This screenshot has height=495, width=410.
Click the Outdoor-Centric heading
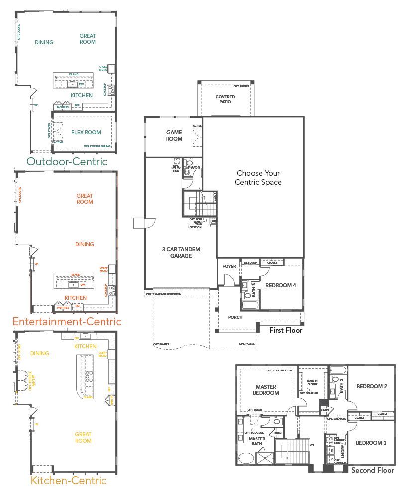pyautogui.click(x=67, y=162)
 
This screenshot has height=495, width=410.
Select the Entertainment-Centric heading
pyautogui.click(x=67, y=322)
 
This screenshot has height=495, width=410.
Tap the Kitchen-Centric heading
pyautogui.click(x=69, y=481)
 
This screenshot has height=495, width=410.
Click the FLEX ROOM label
pyautogui.click(x=85, y=132)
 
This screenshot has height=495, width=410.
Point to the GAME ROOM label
pyautogui.click(x=174, y=136)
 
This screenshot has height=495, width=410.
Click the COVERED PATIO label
pyautogui.click(x=225, y=99)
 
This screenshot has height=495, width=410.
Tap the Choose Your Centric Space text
pyautogui.click(x=258, y=178)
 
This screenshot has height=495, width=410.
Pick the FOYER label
pyautogui.click(x=229, y=266)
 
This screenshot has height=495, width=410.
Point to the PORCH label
pyautogui.click(x=235, y=317)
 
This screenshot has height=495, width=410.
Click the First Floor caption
pyautogui.click(x=286, y=330)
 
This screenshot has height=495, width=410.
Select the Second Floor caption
pyautogui.click(x=372, y=470)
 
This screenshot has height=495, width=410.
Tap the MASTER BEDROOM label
pyautogui.click(x=267, y=390)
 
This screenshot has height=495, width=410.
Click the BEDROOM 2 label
pyautogui.click(x=371, y=386)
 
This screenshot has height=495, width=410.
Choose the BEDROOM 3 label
pyautogui.click(x=371, y=443)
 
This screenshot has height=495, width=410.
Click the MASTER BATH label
pyautogui.click(x=256, y=442)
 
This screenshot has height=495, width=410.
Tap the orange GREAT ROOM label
pyautogui.click(x=85, y=199)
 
